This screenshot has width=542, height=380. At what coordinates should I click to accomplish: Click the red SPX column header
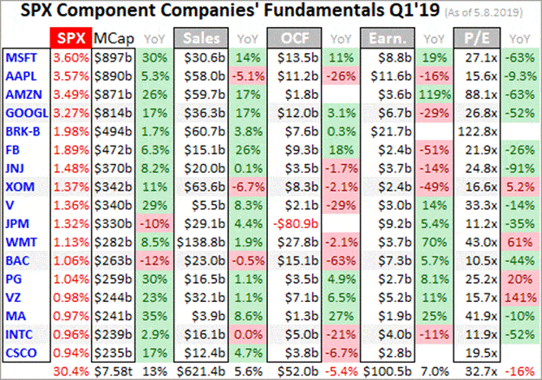coord(70,40)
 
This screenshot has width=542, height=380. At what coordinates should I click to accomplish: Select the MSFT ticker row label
coord(22,58)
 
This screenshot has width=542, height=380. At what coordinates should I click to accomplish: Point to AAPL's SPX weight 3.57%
coord(70,75)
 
